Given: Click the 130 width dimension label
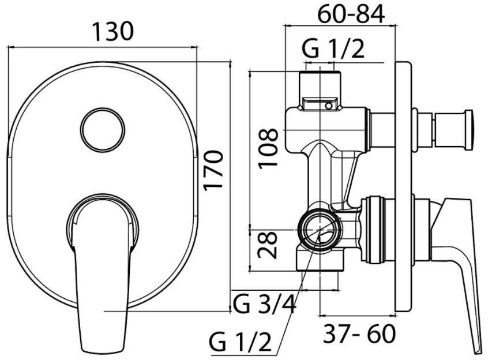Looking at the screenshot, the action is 113,31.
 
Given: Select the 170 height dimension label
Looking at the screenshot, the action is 213,170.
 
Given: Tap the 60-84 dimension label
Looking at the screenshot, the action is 351,14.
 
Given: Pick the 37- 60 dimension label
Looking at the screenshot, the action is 359,333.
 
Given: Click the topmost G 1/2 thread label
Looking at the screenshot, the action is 333,49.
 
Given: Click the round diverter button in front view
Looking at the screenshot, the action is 103,130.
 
